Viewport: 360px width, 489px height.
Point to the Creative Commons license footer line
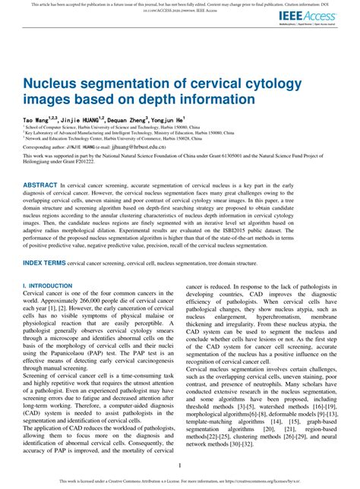(x=179, y=481)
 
